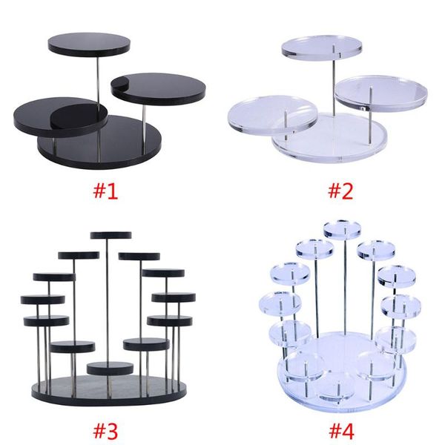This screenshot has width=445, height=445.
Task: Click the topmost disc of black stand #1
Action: [89, 43]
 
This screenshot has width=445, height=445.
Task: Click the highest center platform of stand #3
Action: [111, 235]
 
